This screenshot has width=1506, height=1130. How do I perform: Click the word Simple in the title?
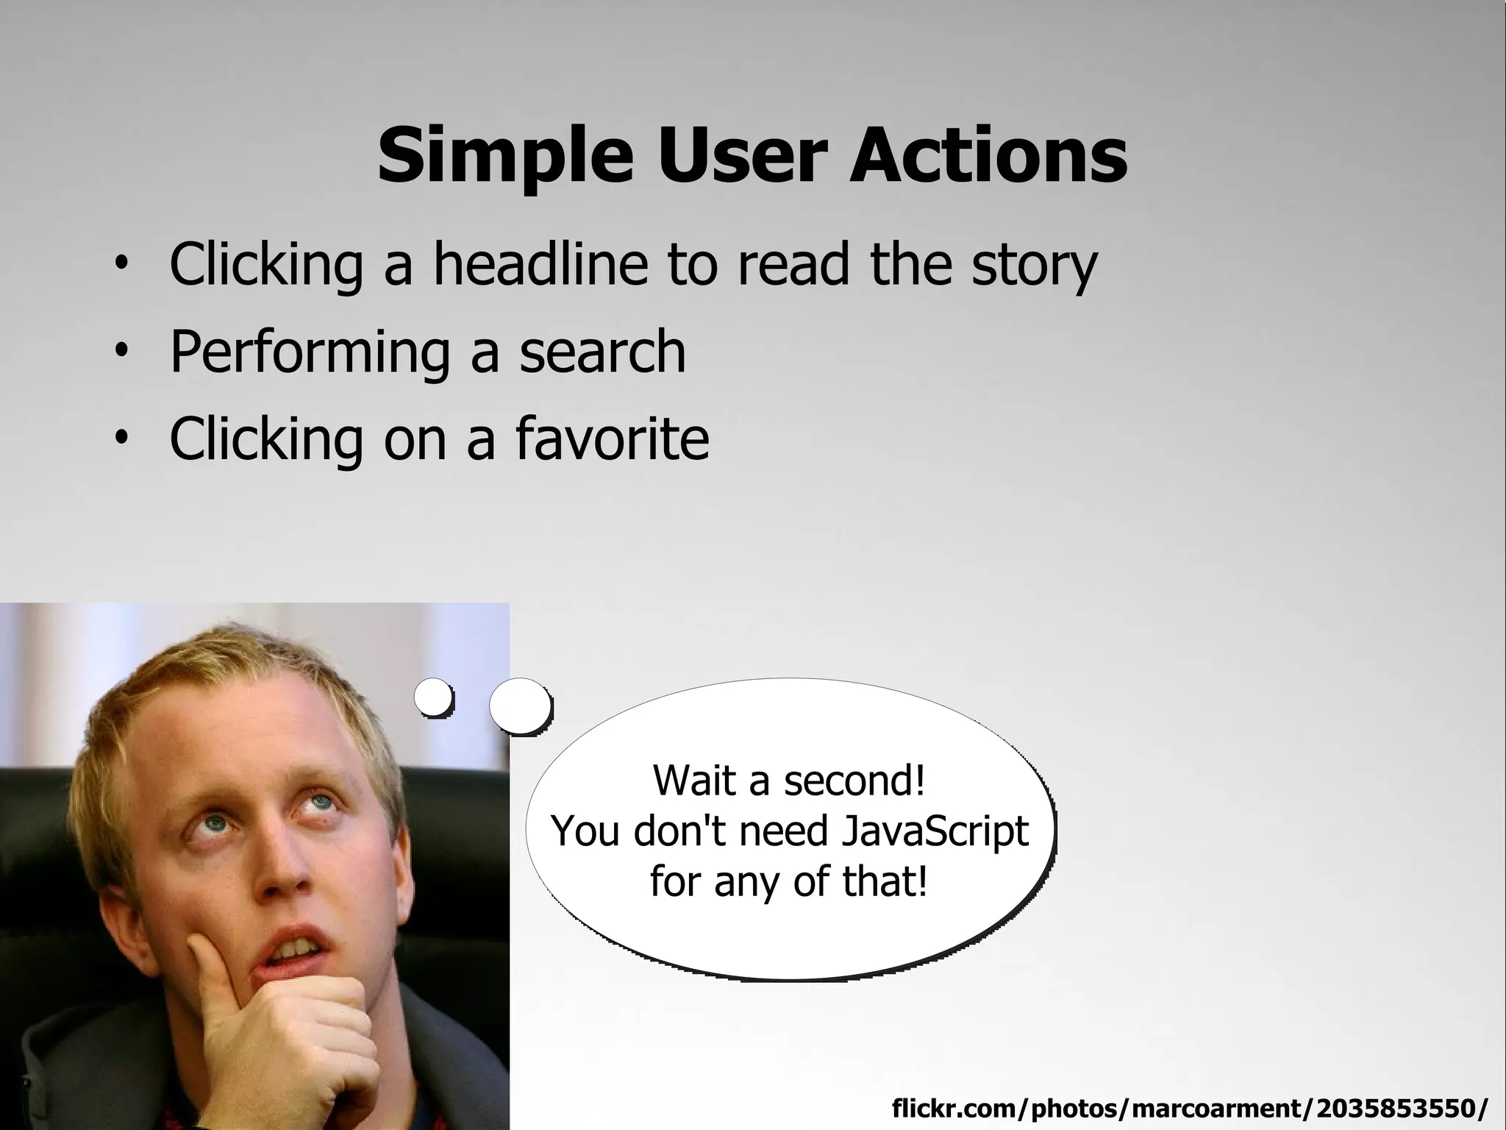click(x=505, y=156)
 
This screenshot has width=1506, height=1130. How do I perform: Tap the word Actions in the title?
click(x=988, y=156)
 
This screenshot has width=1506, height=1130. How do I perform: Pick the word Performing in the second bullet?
click(x=310, y=352)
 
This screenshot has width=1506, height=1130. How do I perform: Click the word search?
click(x=602, y=352)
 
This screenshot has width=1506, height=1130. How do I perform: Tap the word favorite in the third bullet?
click(x=612, y=438)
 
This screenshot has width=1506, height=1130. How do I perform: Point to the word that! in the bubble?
click(x=885, y=881)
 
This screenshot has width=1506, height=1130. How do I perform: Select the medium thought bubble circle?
click(x=520, y=706)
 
